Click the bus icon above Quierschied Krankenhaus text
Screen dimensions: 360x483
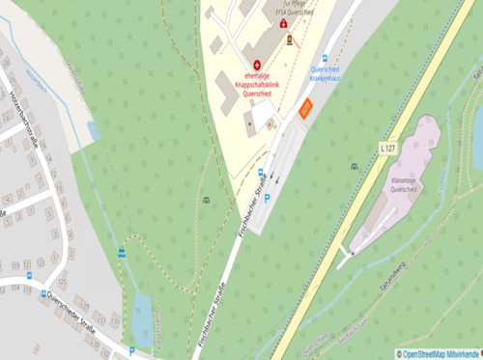(325, 58)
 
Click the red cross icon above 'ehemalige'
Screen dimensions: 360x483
(257, 66)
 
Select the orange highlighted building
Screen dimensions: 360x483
(305, 109)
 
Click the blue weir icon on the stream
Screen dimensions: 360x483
(122, 253)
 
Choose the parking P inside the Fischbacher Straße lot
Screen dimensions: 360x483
(268, 197)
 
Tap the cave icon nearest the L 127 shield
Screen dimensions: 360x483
(355, 166)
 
